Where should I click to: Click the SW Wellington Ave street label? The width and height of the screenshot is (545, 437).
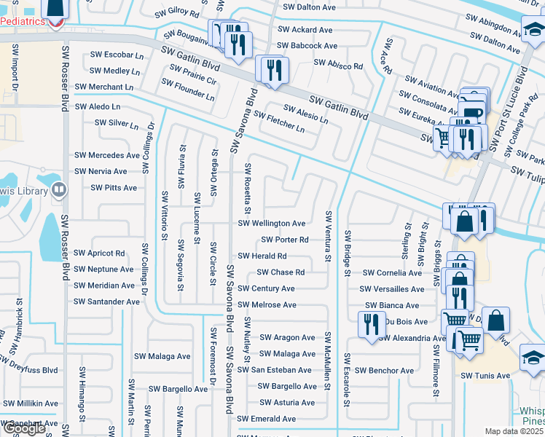272,224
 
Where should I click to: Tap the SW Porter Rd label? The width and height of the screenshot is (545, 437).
284,240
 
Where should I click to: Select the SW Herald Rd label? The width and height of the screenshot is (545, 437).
262,256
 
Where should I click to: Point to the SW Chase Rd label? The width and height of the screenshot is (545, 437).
280,272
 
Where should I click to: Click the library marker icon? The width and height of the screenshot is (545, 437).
58,191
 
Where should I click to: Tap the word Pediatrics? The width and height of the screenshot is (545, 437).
22,23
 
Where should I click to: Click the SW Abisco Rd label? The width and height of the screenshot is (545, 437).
338,66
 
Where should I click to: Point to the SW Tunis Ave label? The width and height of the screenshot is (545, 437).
485,376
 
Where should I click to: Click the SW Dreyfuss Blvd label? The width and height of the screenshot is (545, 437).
29,365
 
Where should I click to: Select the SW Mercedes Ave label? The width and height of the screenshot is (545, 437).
106,155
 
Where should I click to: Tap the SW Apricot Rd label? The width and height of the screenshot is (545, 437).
99,253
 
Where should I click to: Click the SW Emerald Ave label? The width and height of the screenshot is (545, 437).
266,420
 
